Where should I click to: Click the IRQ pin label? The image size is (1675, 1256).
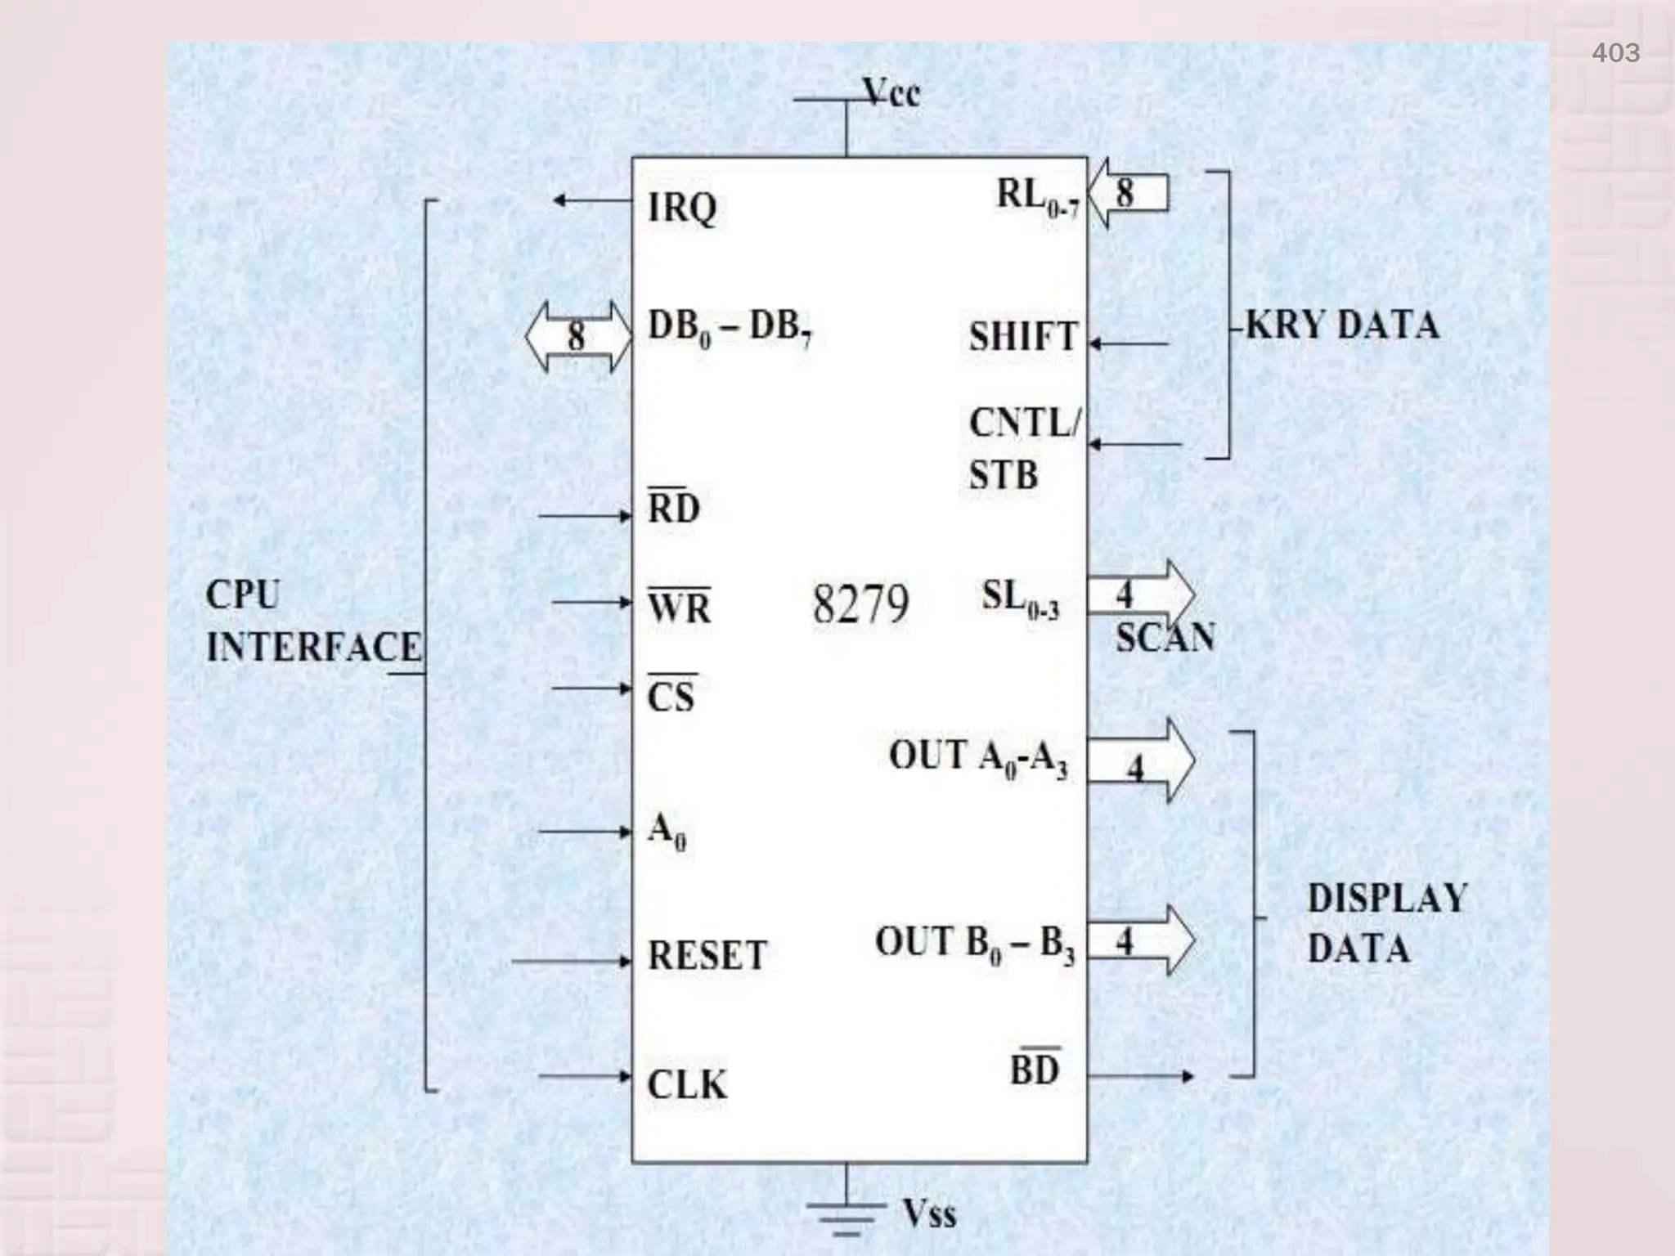point(681,208)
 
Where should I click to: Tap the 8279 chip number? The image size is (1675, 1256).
point(860,605)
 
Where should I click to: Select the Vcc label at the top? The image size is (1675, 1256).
point(891,93)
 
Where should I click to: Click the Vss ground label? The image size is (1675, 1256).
point(929,1213)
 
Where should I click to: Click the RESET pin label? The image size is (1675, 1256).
point(707,955)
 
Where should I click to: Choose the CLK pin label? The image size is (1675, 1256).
point(686,1085)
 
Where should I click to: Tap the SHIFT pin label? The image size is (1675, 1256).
point(1023,337)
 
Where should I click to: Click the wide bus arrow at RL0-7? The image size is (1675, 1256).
point(1129,194)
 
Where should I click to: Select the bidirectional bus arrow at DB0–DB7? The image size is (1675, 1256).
point(578,336)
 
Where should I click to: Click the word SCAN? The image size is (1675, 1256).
point(1165,638)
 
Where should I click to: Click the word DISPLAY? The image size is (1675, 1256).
point(1387,899)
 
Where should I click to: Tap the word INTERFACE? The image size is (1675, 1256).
point(313,648)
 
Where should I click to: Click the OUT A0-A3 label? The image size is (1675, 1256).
point(978,757)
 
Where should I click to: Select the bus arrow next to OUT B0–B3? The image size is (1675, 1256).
point(1141,940)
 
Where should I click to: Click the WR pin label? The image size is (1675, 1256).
point(679,607)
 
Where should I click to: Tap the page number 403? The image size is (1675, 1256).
point(1615,53)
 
